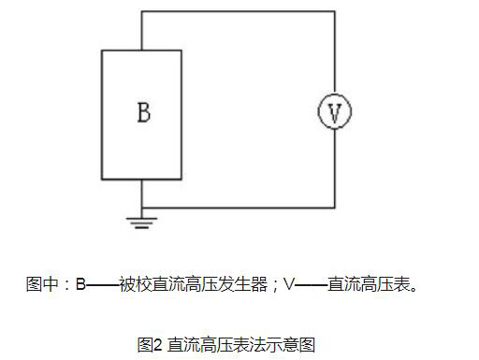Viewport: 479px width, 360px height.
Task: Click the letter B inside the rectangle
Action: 143,113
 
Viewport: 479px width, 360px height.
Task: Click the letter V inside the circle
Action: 334,112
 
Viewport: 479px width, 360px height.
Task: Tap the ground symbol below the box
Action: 142,222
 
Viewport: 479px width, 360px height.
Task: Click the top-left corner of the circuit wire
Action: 142,11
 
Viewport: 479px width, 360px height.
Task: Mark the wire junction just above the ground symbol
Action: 142,208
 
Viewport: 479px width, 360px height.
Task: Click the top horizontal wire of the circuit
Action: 239,11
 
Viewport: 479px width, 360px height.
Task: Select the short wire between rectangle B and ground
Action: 142,194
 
